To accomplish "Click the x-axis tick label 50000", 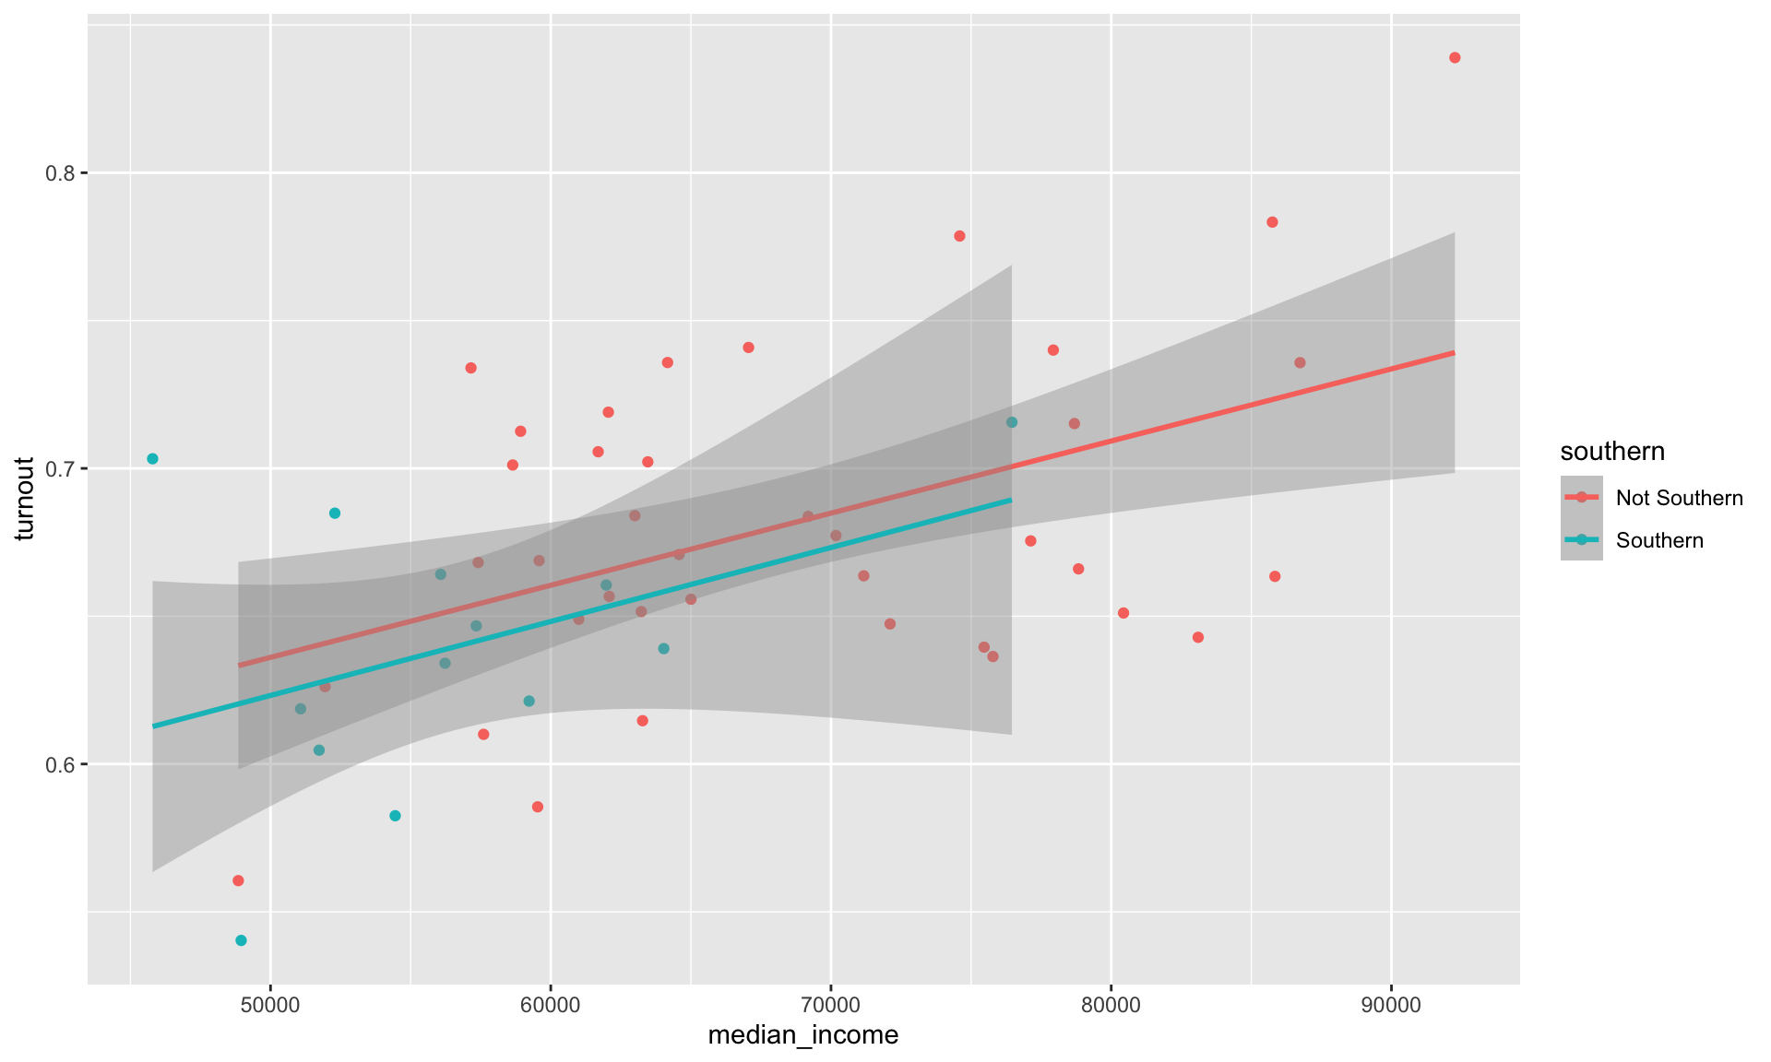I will tap(269, 1004).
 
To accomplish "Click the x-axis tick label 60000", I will tap(550, 1004).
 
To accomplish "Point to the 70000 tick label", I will tap(830, 1004).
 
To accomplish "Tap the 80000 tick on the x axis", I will tap(1111, 1004).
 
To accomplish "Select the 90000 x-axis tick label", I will tap(1391, 1004).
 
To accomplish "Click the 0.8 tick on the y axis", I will tap(59, 173).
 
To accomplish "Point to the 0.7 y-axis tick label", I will tap(59, 469).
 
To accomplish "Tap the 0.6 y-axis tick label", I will tap(59, 764).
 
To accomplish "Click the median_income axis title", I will tap(802, 1036).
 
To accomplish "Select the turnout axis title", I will tap(25, 498).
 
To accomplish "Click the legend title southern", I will tap(1612, 451).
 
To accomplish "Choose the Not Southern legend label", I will tap(1679, 498).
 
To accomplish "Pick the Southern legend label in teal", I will tap(1659, 540).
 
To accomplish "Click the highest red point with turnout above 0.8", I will tap(1455, 58).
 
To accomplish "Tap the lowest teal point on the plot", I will tap(241, 940).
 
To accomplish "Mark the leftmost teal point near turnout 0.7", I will tap(152, 459).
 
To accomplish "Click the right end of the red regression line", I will tap(1454, 353).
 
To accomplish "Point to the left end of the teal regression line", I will tap(153, 726).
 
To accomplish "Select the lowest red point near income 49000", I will tap(238, 880).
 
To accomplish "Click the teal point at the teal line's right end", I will tap(1011, 422).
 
